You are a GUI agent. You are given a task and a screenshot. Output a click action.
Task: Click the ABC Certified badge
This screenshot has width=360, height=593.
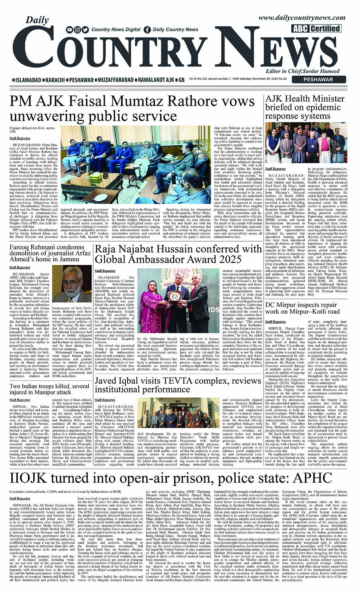pos(316,28)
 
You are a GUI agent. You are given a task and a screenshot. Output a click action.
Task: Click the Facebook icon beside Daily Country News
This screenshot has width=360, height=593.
pos(147,30)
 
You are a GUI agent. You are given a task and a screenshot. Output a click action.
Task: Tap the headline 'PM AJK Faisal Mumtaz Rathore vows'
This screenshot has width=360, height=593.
pos(132,102)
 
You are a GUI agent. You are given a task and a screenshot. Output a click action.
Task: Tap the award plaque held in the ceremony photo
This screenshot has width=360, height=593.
pos(175,296)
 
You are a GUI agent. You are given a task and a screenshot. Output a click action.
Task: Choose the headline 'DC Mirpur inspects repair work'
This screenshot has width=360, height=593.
pos(302,308)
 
